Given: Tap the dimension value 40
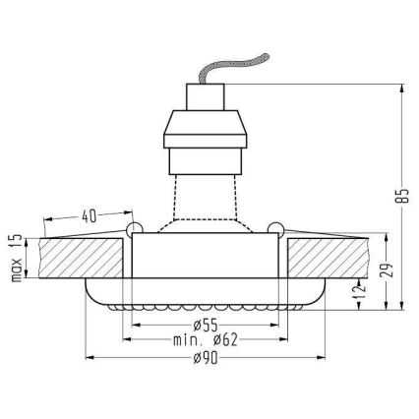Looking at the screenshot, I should coord(90,215).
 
